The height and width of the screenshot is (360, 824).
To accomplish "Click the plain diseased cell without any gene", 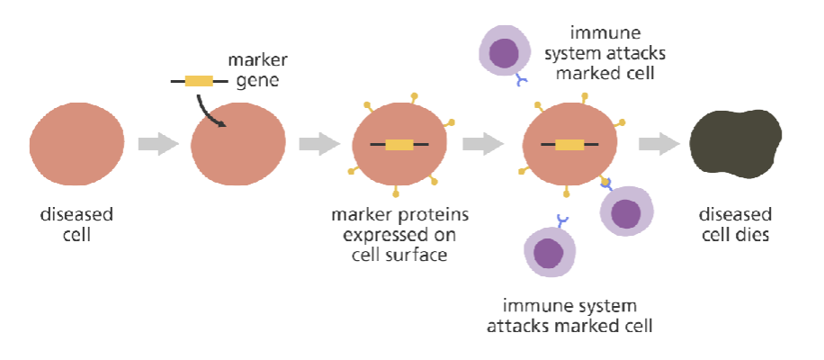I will (76, 144).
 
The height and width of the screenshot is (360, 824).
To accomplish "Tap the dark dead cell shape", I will (733, 143).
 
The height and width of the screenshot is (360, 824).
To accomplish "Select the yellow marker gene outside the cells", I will (199, 81).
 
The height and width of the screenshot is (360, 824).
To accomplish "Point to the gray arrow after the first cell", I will (158, 144).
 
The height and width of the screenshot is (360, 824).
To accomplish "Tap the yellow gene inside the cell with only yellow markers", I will (399, 144).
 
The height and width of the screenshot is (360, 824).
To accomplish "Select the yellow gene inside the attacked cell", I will (569, 144).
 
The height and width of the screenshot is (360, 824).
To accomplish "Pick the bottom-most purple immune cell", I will (548, 251).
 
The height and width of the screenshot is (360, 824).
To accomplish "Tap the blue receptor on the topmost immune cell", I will (523, 82).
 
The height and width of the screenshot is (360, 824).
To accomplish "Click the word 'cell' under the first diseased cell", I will (76, 235).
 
